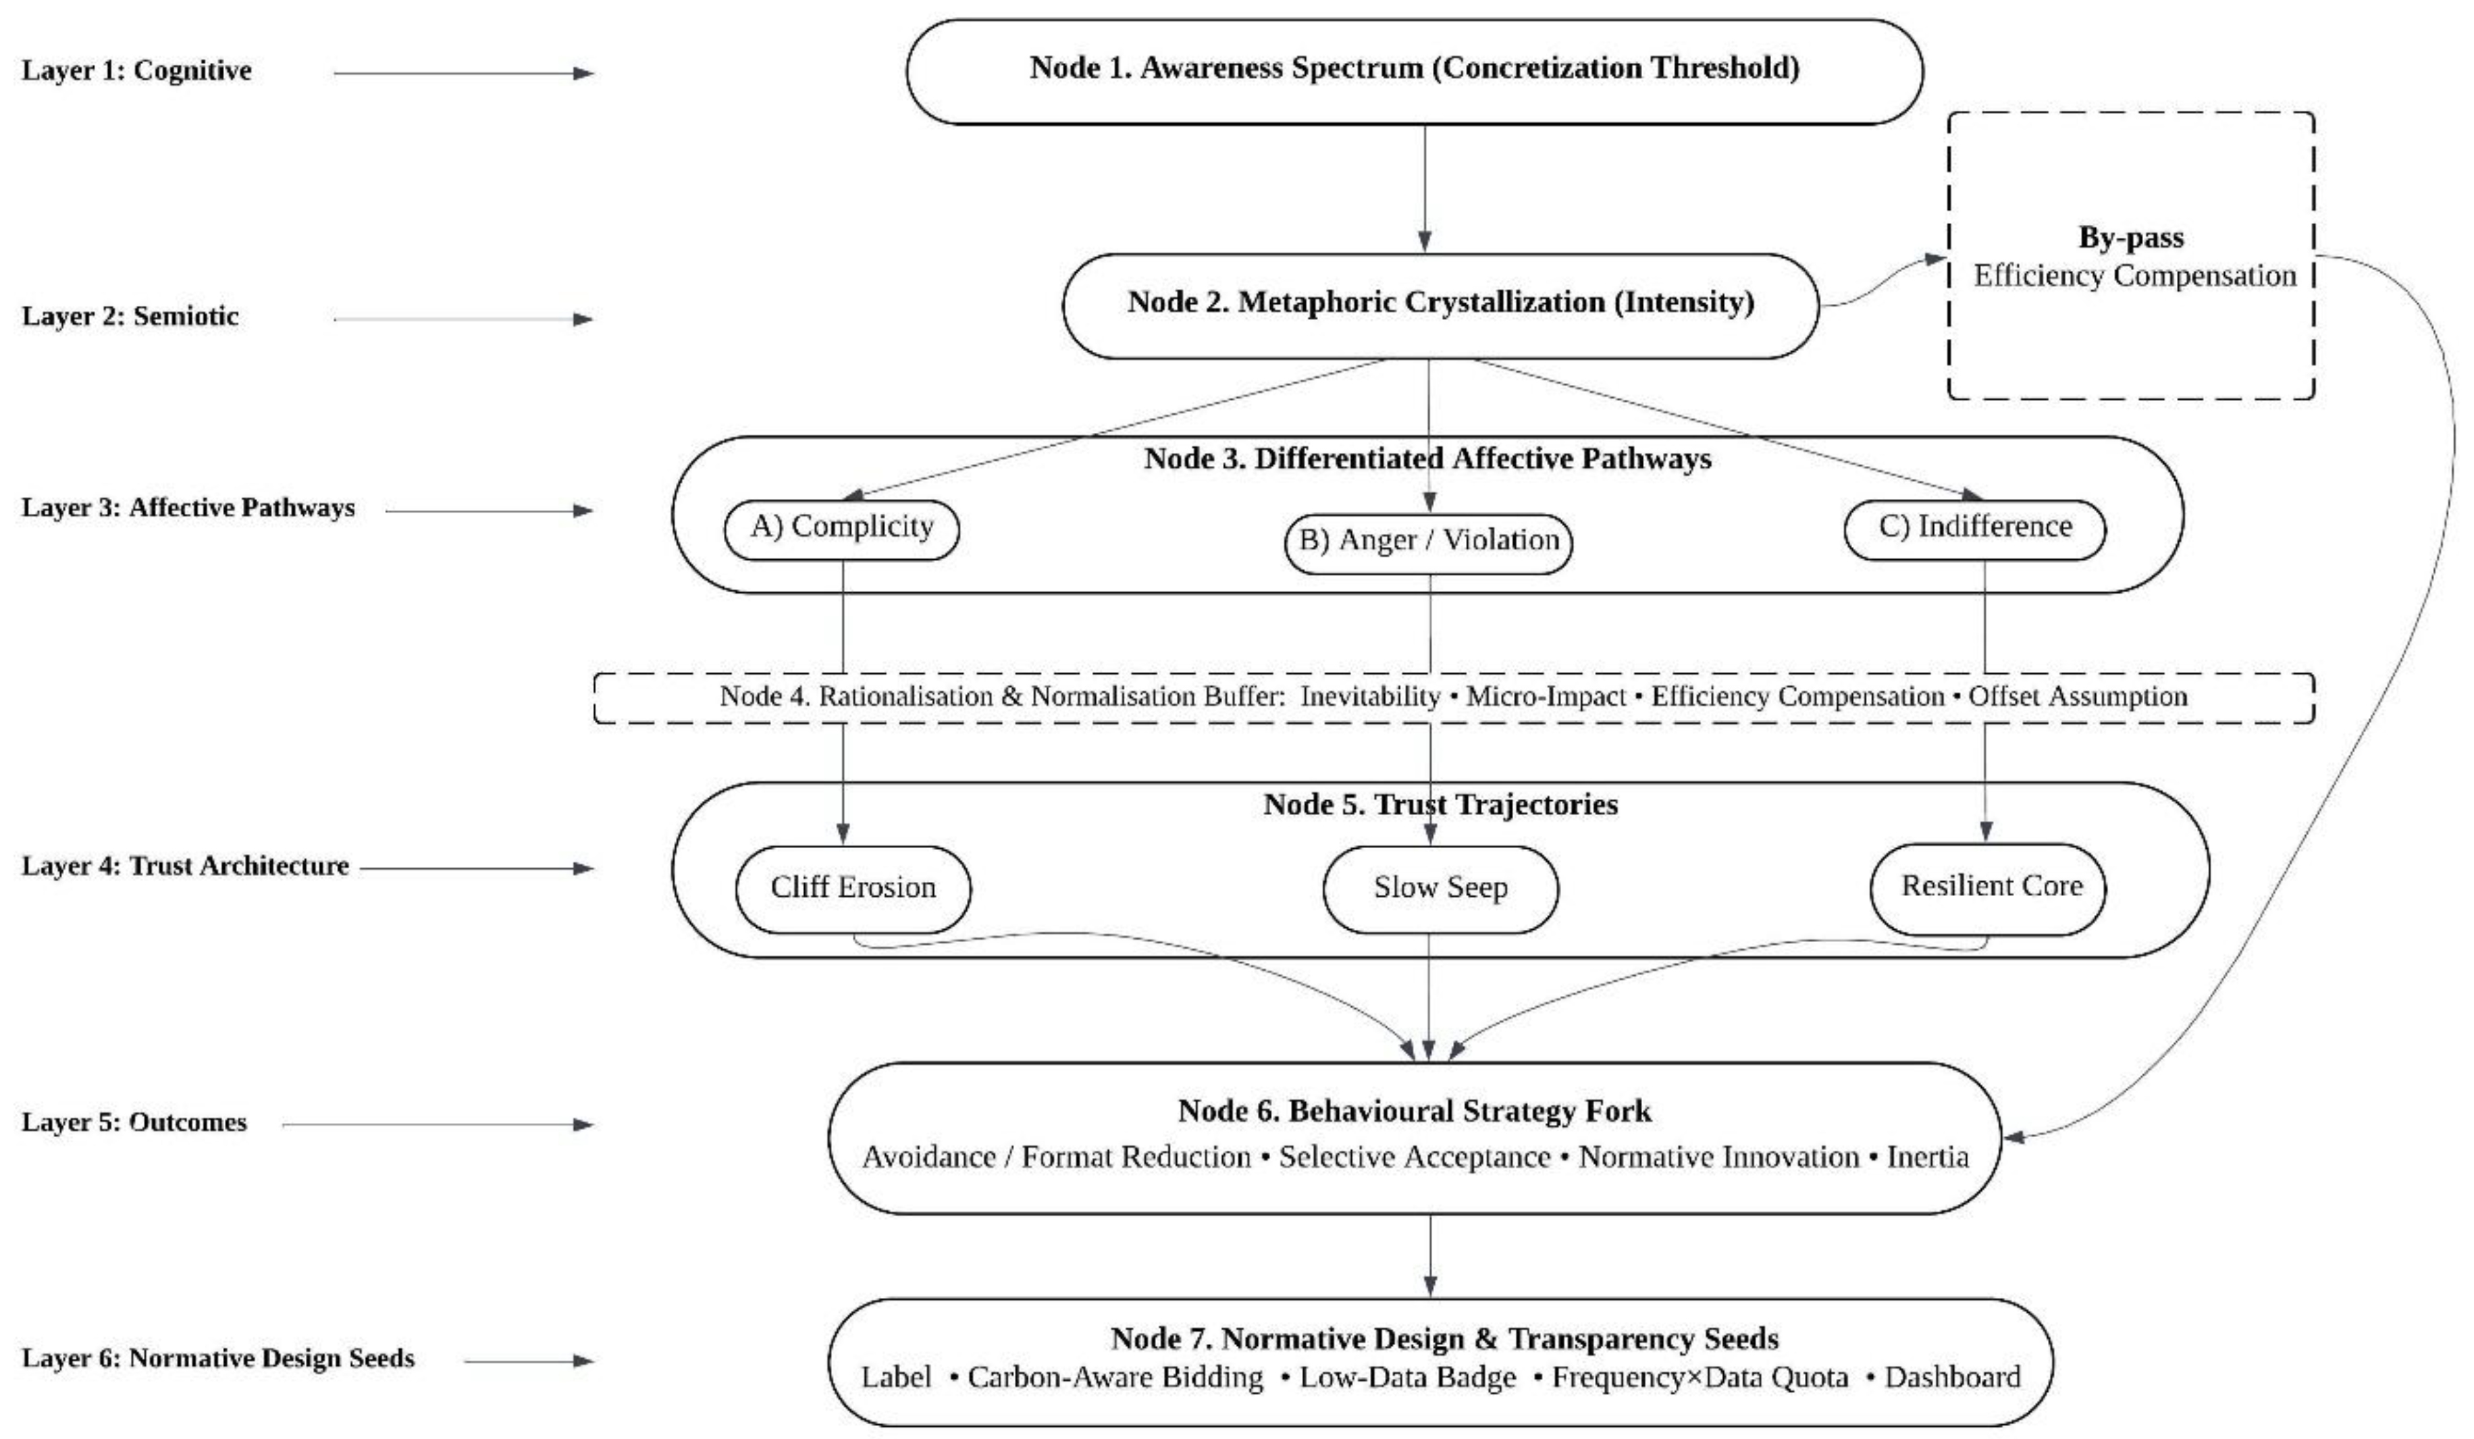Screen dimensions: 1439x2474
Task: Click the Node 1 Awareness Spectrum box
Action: [x=1414, y=71]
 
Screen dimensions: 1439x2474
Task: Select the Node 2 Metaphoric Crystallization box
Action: [x=1440, y=305]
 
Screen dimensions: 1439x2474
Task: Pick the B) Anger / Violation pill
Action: [x=1429, y=542]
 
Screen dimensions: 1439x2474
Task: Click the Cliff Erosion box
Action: [x=852, y=889]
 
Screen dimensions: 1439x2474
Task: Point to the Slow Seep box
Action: [x=1440, y=889]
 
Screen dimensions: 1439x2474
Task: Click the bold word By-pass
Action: [x=2130, y=238]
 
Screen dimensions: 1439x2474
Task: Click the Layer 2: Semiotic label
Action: [x=130, y=316]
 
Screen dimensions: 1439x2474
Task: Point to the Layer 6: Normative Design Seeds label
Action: [x=218, y=1359]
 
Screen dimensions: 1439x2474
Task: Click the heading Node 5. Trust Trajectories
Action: [x=1440, y=805]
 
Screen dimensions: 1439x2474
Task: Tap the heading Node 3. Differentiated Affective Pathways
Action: [x=1427, y=459]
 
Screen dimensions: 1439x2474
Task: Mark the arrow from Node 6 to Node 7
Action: [x=1429, y=1257]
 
